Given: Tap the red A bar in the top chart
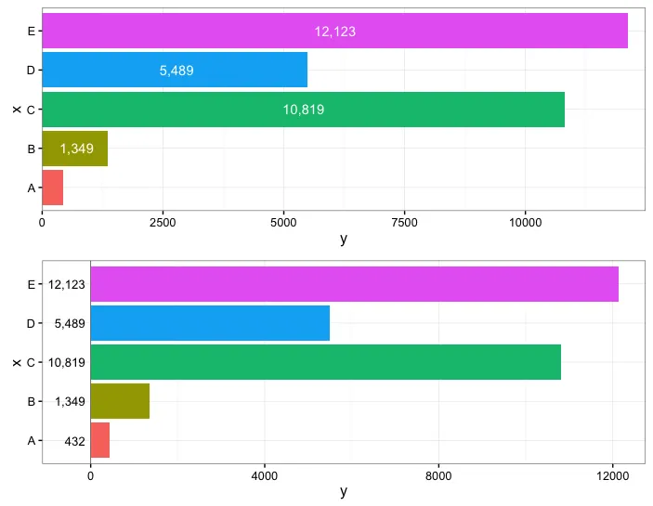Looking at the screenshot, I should (x=52, y=188).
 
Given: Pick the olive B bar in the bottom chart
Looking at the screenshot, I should (x=119, y=401).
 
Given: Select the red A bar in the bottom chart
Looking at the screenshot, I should (x=99, y=440).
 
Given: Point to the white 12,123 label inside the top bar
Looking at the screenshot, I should (x=334, y=32).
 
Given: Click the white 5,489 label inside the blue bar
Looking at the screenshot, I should (x=176, y=71).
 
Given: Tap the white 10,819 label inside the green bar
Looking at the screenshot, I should (x=304, y=110).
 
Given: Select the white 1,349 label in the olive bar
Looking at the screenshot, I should (x=76, y=149).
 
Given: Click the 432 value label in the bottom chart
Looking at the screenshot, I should (x=74, y=441).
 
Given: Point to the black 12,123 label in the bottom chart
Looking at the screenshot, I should (x=67, y=285).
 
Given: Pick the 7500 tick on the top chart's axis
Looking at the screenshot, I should (x=404, y=223).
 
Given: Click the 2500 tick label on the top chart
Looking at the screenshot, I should (x=163, y=223).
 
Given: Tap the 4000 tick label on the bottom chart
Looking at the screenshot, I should (x=264, y=476).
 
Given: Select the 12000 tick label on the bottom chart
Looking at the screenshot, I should (x=612, y=476).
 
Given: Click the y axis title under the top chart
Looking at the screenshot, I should (x=344, y=239).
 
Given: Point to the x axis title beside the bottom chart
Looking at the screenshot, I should (x=16, y=362).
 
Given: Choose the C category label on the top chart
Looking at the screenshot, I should (x=31, y=110).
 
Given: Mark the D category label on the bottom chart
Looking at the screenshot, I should (x=31, y=324).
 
